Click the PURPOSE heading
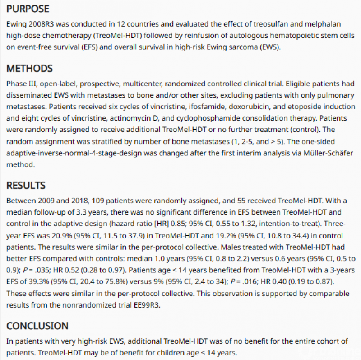tap(28, 9)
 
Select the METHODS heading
tap(29, 69)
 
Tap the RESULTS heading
tap(26, 185)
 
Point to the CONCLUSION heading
tap(37, 326)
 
